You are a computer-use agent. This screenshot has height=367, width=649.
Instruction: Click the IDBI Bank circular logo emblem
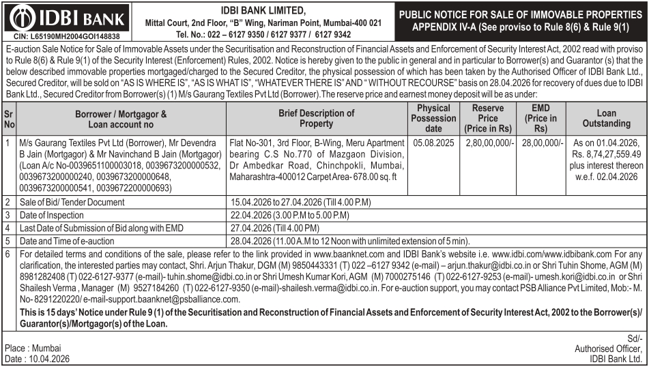click(x=23, y=17)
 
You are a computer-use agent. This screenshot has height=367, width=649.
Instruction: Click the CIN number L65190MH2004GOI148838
click(x=67, y=36)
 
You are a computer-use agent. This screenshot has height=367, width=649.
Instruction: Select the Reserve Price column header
click(x=487, y=118)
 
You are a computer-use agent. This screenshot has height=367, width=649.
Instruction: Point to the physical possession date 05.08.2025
click(x=433, y=143)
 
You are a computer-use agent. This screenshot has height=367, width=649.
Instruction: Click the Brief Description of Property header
click(x=316, y=118)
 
